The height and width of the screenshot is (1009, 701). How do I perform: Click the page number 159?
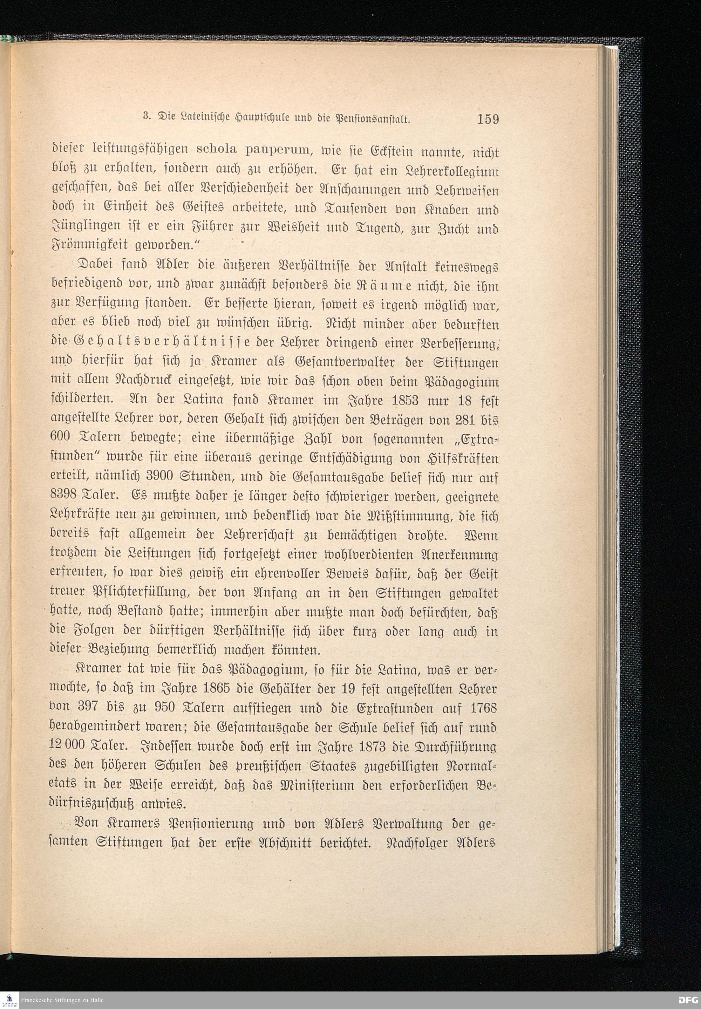tap(488, 119)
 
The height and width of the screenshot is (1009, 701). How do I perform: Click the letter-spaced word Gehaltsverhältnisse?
tap(158, 343)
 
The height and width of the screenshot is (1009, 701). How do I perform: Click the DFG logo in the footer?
tap(687, 1000)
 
